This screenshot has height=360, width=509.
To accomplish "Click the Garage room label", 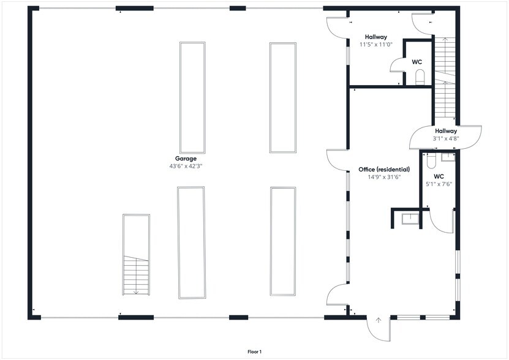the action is (x=186, y=159).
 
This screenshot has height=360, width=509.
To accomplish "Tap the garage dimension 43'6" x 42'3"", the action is (x=186, y=166).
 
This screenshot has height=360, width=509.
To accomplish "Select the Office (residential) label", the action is (x=384, y=170).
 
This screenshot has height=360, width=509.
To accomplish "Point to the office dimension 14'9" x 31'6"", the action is (x=384, y=177).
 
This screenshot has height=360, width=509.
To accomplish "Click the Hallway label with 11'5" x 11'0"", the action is (x=376, y=37).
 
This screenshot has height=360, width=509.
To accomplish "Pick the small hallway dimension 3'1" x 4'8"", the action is (x=446, y=138).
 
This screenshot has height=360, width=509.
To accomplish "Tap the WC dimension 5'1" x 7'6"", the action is (x=439, y=184).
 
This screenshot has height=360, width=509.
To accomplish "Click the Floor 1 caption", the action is (x=255, y=351).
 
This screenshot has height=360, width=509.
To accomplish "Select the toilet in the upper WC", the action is (x=420, y=77).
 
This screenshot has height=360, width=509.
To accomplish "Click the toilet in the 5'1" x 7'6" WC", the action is (x=431, y=160).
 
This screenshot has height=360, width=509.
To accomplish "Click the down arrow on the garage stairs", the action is (x=136, y=291).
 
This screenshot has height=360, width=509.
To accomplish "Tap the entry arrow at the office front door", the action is (x=378, y=320).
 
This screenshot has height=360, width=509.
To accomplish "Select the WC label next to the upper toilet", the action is (x=417, y=62).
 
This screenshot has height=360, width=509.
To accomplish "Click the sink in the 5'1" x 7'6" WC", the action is (x=448, y=157).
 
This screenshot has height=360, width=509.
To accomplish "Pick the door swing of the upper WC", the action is (x=396, y=65).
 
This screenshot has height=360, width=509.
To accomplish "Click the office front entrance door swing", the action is (x=379, y=329).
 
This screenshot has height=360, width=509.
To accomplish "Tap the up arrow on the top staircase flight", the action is (x=445, y=40).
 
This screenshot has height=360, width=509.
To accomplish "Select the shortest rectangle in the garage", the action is (x=136, y=255).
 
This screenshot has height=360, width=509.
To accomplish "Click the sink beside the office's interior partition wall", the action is (x=410, y=219).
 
